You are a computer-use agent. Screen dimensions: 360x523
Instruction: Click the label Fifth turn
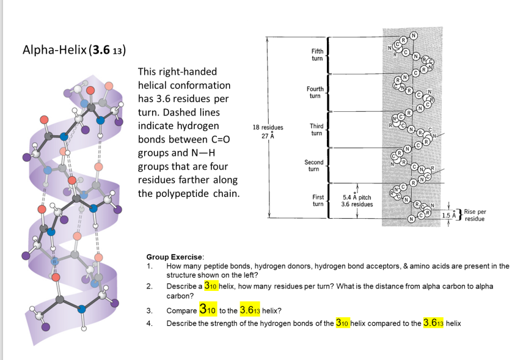(x=317, y=55)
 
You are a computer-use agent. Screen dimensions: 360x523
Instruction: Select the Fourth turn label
(x=315, y=92)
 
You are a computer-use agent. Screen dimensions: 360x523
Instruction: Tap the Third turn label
(x=316, y=129)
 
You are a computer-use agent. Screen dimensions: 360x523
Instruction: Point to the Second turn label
(x=314, y=165)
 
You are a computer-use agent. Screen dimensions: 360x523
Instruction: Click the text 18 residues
(x=267, y=128)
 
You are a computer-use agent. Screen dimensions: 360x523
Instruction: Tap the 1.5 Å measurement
(x=449, y=216)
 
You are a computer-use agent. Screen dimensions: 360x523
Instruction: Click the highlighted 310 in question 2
(x=211, y=285)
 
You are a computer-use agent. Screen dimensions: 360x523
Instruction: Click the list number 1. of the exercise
(x=149, y=266)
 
